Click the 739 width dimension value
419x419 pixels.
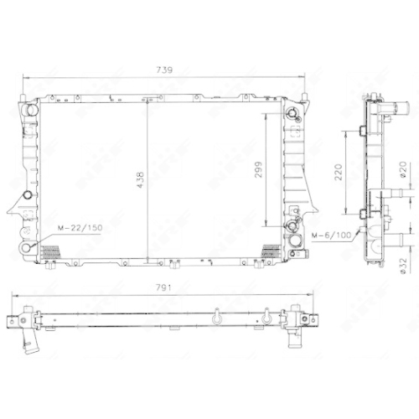click(x=164, y=70)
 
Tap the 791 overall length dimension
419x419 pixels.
click(x=163, y=287)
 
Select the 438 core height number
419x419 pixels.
click(x=141, y=179)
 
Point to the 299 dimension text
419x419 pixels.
click(x=258, y=169)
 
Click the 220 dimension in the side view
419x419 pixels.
click(x=339, y=172)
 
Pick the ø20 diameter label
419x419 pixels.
click(x=403, y=170)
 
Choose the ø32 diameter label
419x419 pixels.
click(x=403, y=266)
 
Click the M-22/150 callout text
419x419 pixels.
click(x=80, y=228)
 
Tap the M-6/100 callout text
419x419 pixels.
click(x=332, y=235)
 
